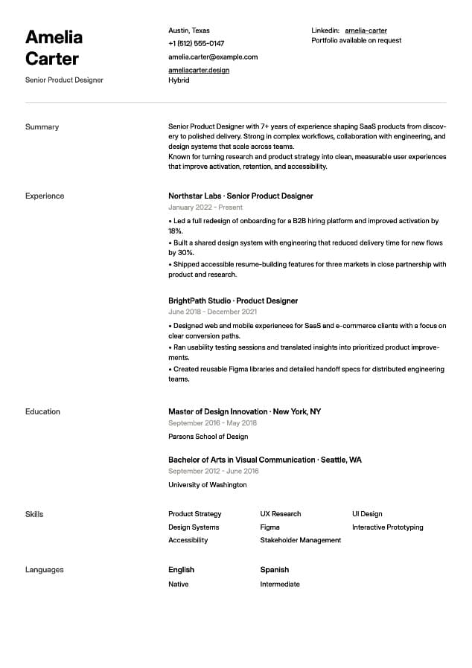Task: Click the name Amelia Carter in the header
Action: click(54, 48)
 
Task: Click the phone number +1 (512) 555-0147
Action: click(196, 44)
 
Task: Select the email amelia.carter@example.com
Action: click(213, 57)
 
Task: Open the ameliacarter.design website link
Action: click(199, 70)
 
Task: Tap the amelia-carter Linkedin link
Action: click(366, 30)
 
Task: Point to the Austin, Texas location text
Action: click(189, 30)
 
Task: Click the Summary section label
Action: click(42, 127)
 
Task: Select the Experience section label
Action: click(45, 196)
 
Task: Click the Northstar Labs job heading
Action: click(240, 196)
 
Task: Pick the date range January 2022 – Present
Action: click(205, 208)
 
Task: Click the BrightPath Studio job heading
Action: click(233, 301)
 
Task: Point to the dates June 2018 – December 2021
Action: click(213, 312)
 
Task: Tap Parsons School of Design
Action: click(208, 437)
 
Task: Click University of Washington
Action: click(207, 485)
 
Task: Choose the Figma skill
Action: click(270, 527)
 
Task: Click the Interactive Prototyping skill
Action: click(387, 527)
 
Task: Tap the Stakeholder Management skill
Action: click(300, 540)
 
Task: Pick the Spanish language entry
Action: click(274, 570)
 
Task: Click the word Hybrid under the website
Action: click(179, 80)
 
